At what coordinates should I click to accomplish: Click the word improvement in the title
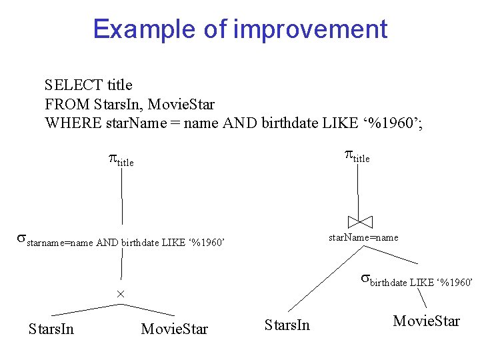[x=310, y=29]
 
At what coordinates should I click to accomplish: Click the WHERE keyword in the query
[x=73, y=124]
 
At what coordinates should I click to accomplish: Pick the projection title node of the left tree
[x=121, y=161]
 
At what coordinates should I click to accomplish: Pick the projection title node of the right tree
[x=357, y=157]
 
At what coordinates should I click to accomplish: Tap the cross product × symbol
[x=121, y=294]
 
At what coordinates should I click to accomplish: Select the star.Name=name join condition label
[x=363, y=237]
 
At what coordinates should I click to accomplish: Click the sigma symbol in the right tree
[x=365, y=278]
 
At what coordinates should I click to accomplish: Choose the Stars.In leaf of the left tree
[x=51, y=329]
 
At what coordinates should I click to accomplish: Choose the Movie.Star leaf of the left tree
[x=175, y=329]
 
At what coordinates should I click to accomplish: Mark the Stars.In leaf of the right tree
[x=287, y=325]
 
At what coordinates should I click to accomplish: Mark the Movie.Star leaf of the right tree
[x=426, y=321]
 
